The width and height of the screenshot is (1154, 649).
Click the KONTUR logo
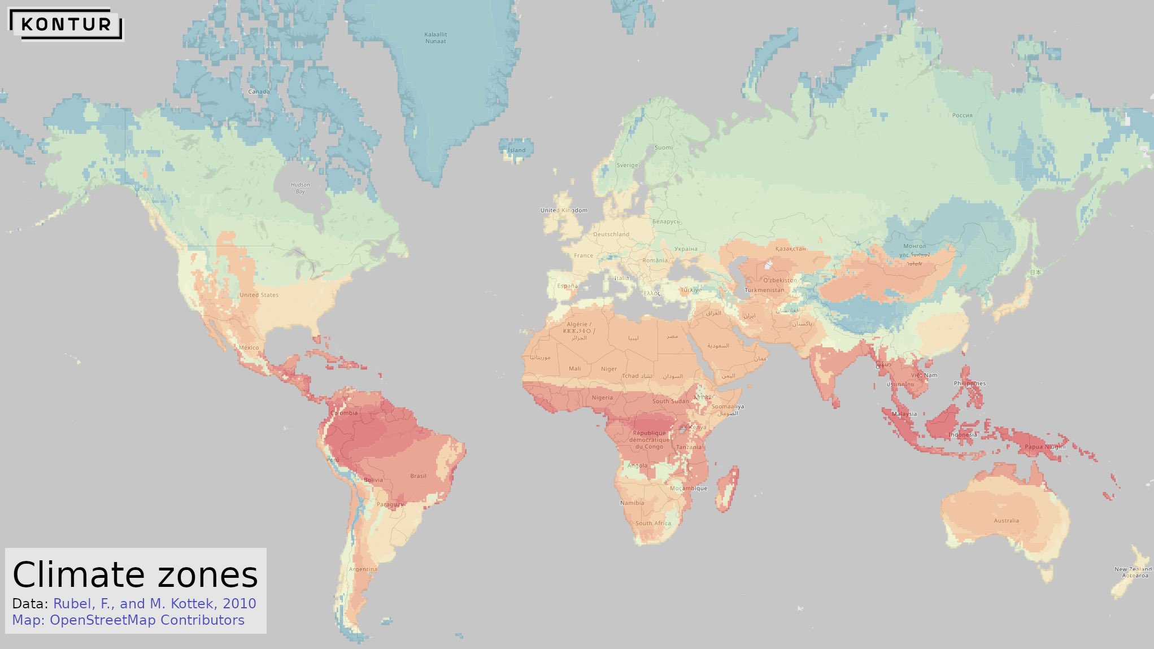coord(66,24)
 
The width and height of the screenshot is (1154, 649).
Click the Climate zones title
coord(135,575)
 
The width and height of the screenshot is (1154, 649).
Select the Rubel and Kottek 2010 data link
coord(154,603)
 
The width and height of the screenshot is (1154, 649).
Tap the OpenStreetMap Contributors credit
coord(128,620)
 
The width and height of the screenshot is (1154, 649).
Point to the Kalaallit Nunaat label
coord(436,38)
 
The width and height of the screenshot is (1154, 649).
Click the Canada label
coord(259,92)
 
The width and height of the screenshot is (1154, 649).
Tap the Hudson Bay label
coord(300,188)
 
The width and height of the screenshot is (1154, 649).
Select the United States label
coord(259,295)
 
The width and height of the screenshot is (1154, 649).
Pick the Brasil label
coord(418,476)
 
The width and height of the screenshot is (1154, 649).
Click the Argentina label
coord(363,569)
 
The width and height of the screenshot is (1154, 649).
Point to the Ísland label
coord(516,150)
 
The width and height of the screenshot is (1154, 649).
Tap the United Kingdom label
coord(564,210)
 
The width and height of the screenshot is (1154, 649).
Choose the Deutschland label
coord(611,234)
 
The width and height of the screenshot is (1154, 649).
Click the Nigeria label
coord(602,398)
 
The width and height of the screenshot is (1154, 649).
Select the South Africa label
coord(653,523)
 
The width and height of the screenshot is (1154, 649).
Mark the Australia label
coord(1006,520)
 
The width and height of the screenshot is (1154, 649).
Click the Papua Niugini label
coord(1045,447)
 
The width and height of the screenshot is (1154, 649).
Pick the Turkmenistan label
coord(764,290)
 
